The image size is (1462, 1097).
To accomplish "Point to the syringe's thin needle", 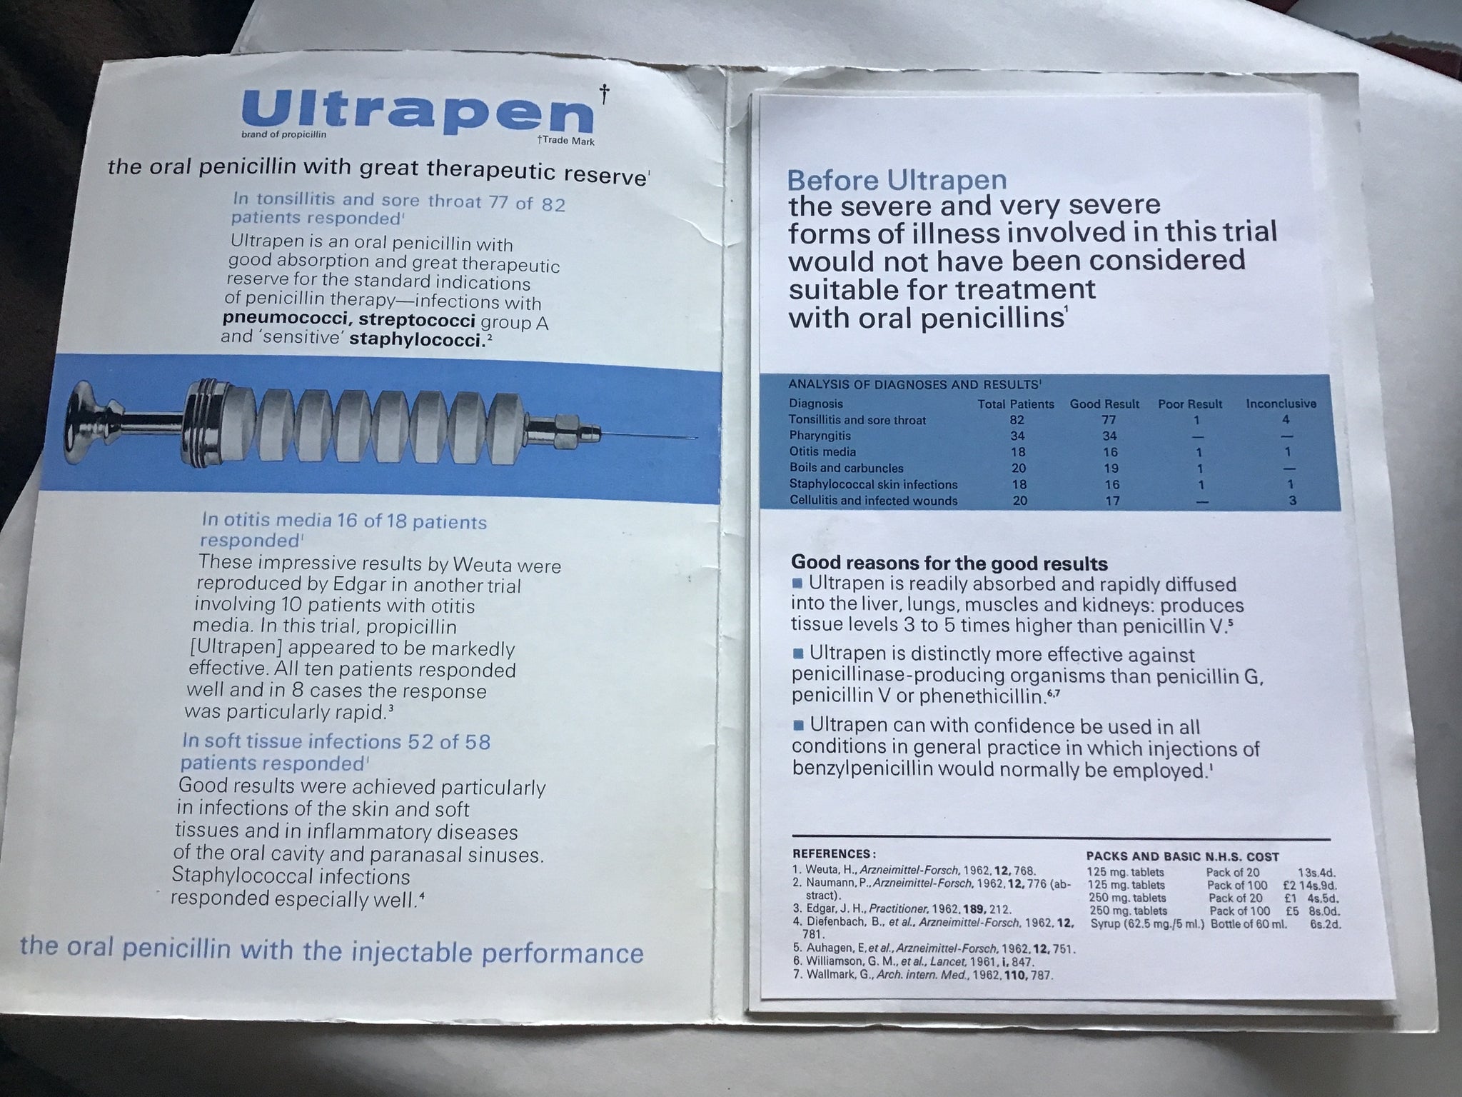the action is point(647,435).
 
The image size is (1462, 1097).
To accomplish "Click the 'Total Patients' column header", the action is point(1016,404).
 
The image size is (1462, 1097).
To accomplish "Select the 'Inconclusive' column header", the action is point(1281,404).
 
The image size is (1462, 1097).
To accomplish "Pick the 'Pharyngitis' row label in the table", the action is point(822,436).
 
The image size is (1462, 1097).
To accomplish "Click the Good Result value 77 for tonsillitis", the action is point(1109,420).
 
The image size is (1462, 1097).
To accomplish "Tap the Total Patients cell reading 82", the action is point(1017,420).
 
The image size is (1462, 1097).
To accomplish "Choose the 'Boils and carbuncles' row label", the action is point(847,468).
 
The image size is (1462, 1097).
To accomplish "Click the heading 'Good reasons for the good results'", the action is point(949,563).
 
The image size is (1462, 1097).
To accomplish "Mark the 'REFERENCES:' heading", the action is point(834,853).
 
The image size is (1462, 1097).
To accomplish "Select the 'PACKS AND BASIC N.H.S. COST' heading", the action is point(1182,856).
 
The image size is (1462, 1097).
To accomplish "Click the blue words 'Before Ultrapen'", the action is point(897,179).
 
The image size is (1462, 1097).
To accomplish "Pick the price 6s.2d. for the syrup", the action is point(1326,923).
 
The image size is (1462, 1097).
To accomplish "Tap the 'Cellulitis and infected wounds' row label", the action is point(874,500).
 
